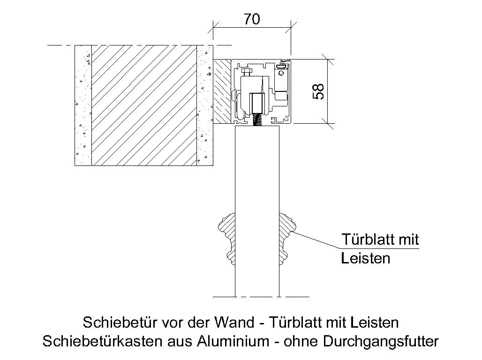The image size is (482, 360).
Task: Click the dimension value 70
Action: click(x=252, y=19)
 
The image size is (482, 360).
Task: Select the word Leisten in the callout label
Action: click(x=366, y=258)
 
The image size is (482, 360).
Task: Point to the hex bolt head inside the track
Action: click(x=247, y=73)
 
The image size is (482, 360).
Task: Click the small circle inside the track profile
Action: click(x=281, y=73)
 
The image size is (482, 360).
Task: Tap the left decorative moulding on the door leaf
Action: click(x=227, y=239)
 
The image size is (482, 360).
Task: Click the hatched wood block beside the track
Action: click(x=222, y=91)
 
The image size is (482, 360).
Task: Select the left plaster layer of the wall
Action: click(x=83, y=105)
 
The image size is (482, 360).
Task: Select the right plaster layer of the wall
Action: click(x=205, y=105)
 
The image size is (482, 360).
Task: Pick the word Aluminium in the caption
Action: click(x=233, y=341)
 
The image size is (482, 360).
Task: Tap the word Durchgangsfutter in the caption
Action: click(x=381, y=342)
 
